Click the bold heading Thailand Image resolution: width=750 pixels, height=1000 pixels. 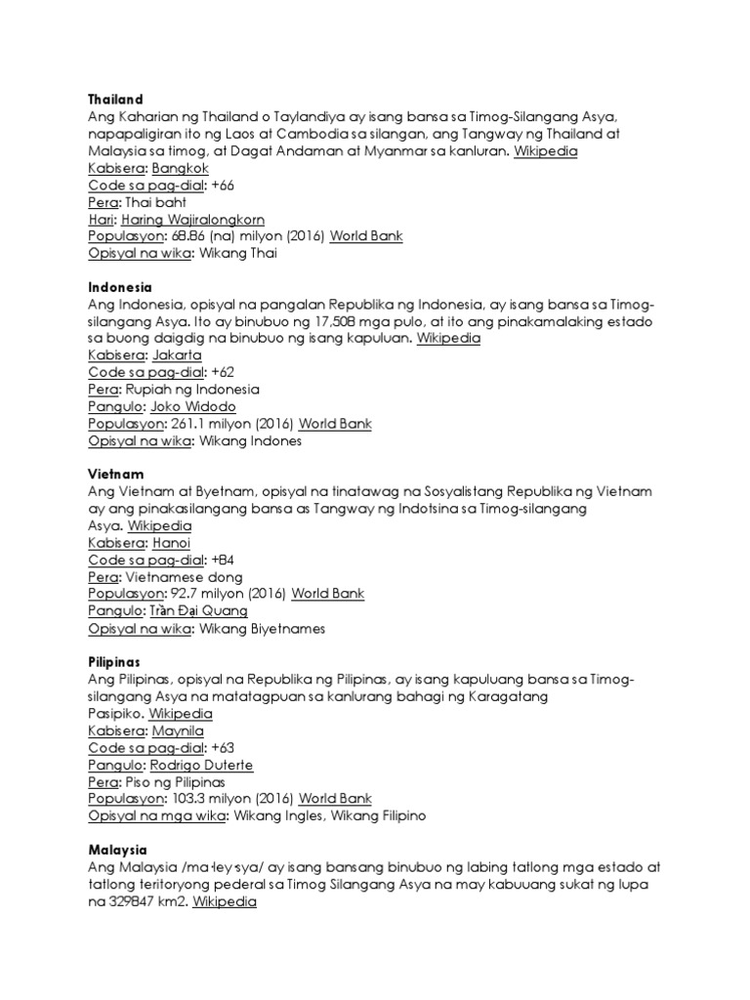(115, 100)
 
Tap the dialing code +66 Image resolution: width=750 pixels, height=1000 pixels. (222, 186)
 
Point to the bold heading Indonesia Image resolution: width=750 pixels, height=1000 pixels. (120, 288)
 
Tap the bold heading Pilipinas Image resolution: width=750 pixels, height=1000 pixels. (114, 661)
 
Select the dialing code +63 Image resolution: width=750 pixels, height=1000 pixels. (222, 747)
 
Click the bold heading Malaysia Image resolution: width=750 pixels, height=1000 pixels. (117, 851)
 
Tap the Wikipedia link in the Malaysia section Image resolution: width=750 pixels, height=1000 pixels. (225, 902)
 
